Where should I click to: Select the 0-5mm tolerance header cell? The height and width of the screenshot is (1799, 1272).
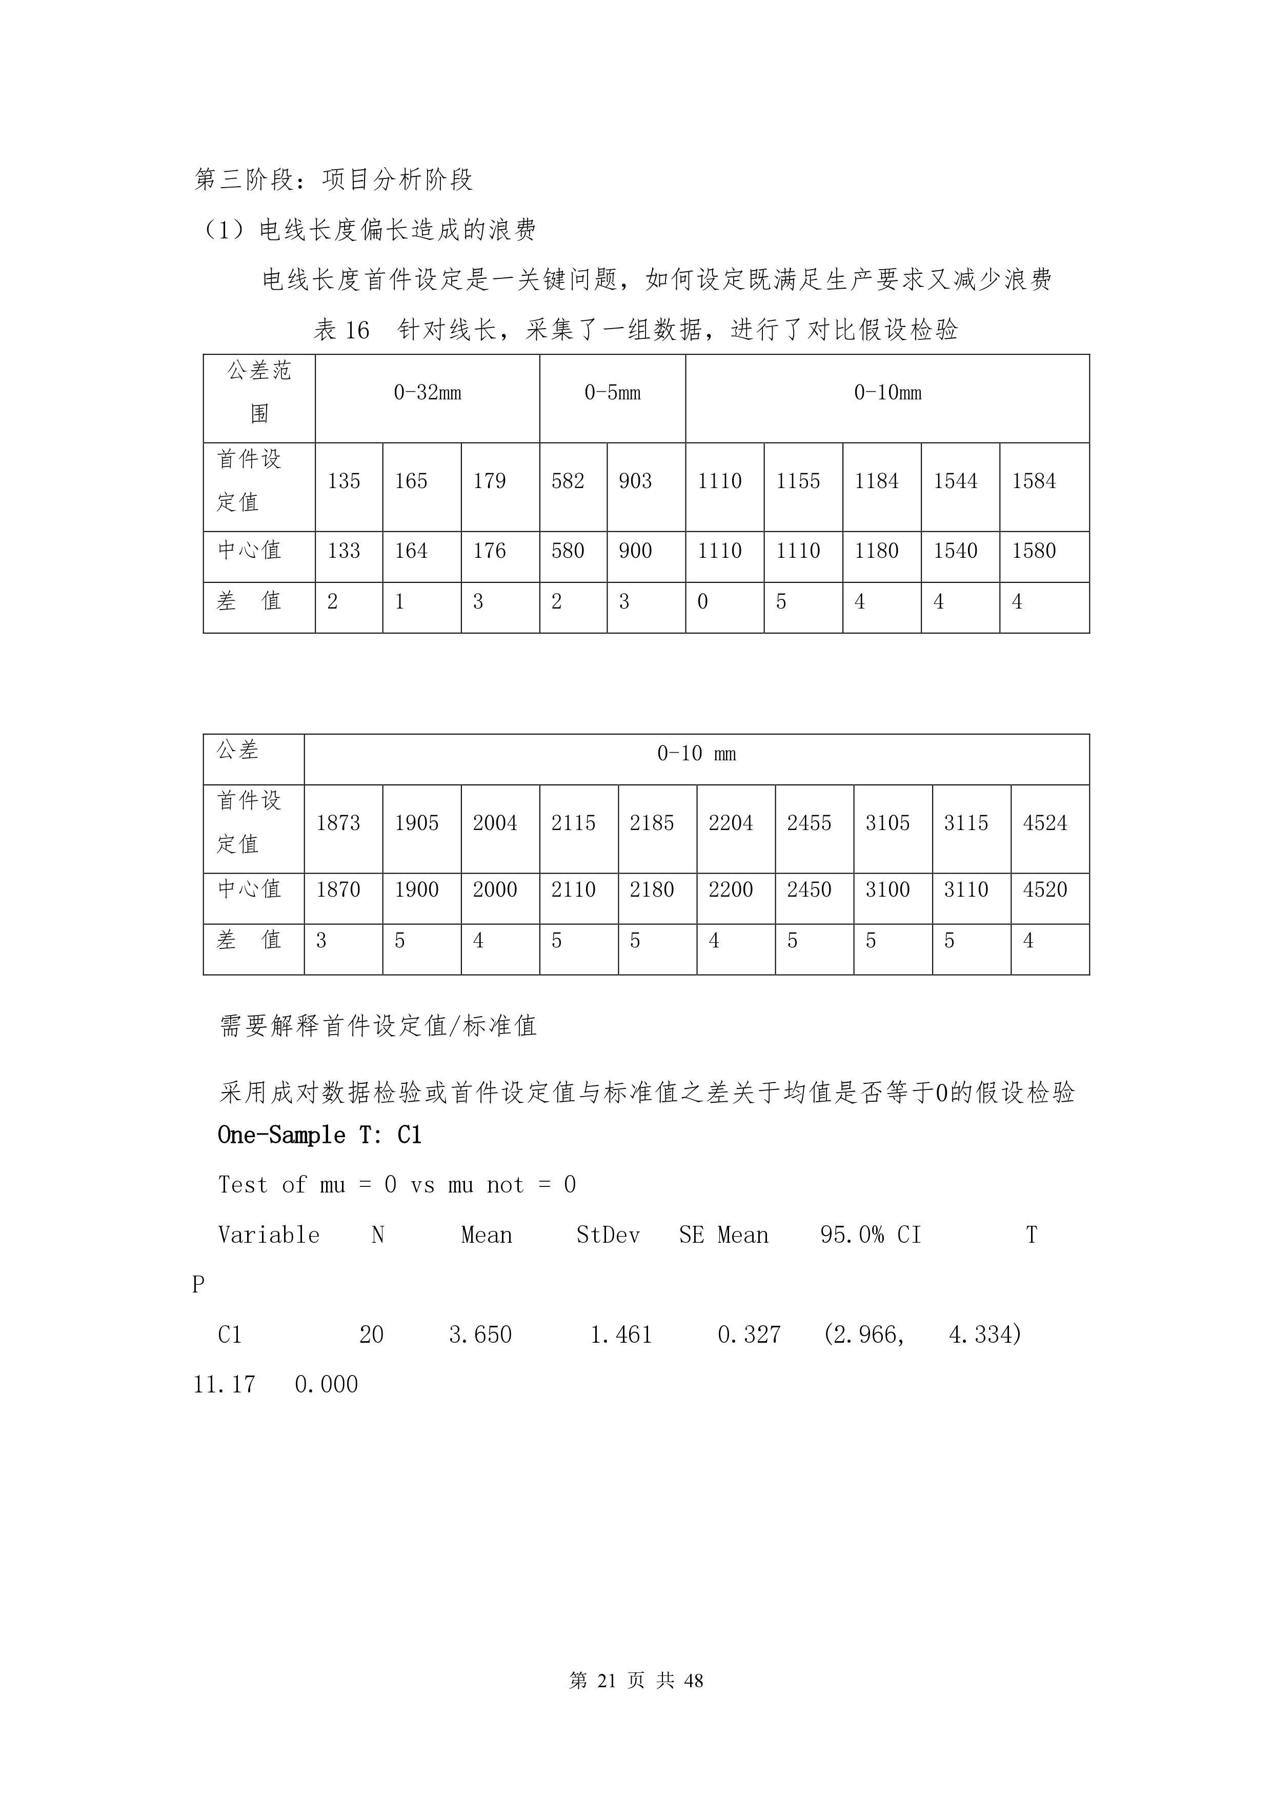pos(612,393)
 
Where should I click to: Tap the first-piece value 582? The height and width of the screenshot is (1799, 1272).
pos(568,481)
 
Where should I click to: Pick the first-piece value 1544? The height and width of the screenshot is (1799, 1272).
pos(955,481)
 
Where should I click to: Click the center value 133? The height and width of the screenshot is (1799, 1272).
pos(344,551)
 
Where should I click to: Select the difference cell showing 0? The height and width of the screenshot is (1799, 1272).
pos(703,602)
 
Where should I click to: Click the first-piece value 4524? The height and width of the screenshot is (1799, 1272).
pos(1045,823)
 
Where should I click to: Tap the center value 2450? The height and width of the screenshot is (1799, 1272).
pos(809,890)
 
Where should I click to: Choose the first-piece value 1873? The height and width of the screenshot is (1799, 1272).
pos(338,823)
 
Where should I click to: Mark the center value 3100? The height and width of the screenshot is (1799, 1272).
pos(887,890)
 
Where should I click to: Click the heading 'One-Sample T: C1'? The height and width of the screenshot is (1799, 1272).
pos(320,1136)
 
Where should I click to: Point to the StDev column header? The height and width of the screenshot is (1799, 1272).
pos(608,1236)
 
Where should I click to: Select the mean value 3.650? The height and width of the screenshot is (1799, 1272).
pos(480,1335)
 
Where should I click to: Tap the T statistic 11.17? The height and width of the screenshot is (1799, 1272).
pos(224,1385)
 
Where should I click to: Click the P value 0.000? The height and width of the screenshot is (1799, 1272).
pos(326,1385)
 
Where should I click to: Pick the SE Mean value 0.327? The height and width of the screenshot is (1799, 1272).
pos(749,1335)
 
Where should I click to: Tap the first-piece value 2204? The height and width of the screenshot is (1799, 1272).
pos(731,823)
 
